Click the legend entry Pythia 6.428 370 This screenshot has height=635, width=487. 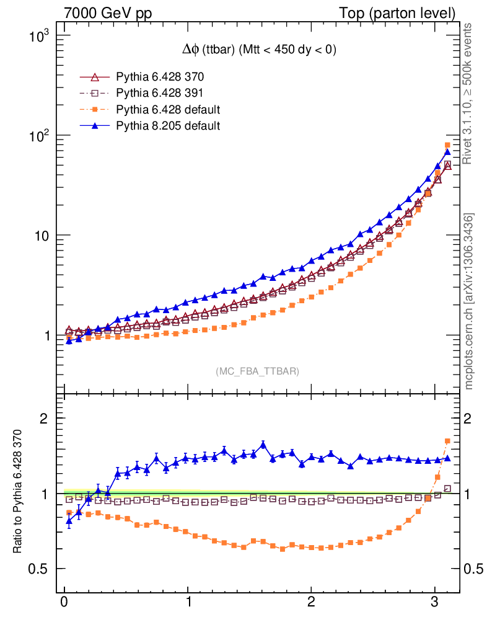coord(160,78)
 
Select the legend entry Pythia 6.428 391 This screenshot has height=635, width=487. coord(160,94)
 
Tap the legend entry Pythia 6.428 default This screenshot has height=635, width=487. coord(169,110)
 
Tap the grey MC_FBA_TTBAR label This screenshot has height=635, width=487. coord(258,371)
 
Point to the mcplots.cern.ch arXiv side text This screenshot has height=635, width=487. coord(469,301)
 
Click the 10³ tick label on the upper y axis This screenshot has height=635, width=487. coord(43,35)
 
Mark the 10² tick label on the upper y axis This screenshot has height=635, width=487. coord(43,136)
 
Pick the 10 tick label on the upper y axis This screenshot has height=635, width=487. coord(45,236)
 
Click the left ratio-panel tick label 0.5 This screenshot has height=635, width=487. coord(40,569)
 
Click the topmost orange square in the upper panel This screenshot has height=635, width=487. coord(447,145)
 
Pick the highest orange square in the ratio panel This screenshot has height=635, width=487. coord(447,441)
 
